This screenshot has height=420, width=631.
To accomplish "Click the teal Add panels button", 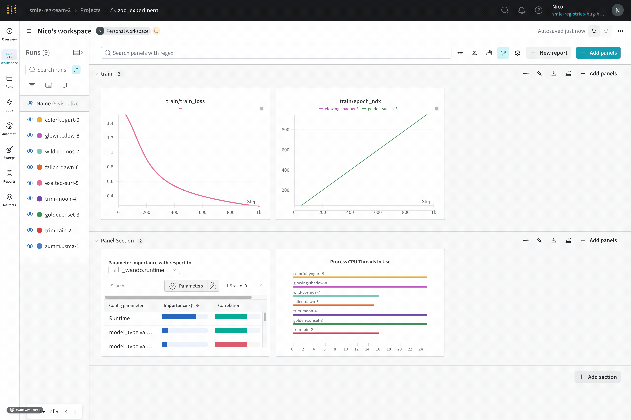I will tap(598, 53).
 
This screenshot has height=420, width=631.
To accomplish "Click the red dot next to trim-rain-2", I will tap(39, 230).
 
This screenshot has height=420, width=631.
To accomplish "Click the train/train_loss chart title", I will tap(185, 101).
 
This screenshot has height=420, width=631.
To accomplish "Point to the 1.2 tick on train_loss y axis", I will tap(110, 138).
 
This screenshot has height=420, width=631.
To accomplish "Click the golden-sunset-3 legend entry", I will tap(382, 109).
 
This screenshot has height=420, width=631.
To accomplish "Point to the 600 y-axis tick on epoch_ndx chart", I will tap(285, 150).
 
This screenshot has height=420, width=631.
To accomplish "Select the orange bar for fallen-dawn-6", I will tap(333, 305).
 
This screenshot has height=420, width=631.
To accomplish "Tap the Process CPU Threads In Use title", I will tap(360, 262).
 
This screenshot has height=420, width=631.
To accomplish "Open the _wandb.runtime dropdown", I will tap(144, 270).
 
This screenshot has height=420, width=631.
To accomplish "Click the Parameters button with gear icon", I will tap(186, 286).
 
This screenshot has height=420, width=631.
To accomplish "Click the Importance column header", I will tap(175, 305).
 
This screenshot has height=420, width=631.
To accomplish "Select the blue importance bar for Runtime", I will tap(179, 317).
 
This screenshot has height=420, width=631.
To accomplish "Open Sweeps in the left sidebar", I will tap(9, 153).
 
